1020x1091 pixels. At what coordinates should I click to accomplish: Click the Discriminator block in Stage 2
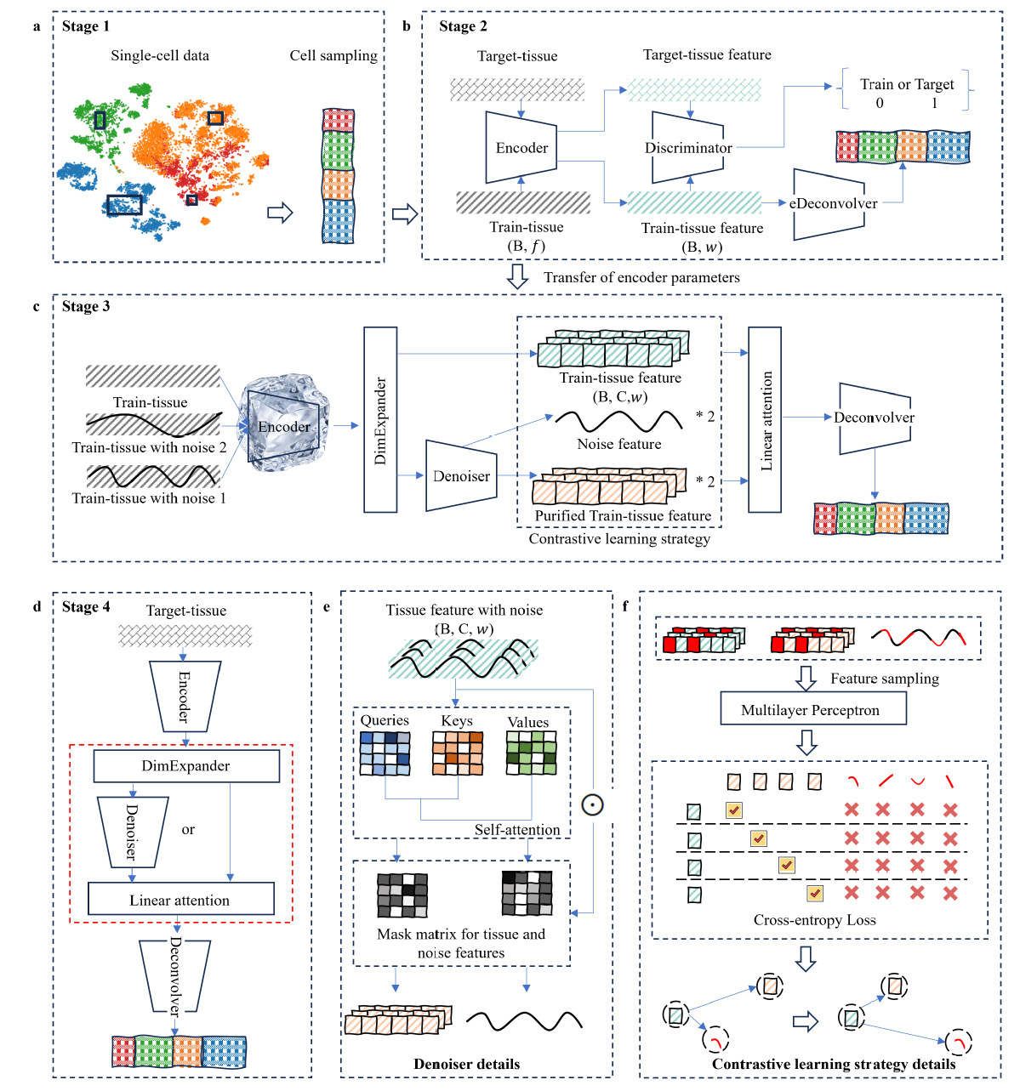tap(687, 148)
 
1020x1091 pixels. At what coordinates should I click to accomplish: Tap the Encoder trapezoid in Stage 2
tap(521, 148)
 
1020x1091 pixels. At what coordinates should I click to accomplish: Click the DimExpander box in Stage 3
tap(380, 420)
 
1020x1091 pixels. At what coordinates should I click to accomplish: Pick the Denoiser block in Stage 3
tap(460, 476)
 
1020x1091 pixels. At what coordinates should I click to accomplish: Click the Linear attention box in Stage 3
tap(765, 420)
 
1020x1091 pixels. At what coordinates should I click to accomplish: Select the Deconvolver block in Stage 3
tap(875, 418)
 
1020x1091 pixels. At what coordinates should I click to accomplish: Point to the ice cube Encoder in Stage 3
tap(283, 423)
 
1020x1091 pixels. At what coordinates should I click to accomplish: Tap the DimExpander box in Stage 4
tap(185, 765)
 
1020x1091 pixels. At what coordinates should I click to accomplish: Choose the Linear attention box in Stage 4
tap(180, 900)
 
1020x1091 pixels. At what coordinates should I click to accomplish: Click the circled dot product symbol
tap(592, 804)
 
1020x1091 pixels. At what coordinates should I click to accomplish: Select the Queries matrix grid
tap(385, 753)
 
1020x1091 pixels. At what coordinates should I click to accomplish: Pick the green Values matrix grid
tap(531, 753)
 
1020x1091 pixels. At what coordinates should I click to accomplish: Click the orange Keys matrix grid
tap(458, 753)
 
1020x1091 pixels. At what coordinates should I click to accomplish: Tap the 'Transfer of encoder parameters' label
tap(641, 277)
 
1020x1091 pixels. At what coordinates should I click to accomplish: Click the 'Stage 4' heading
tap(86, 606)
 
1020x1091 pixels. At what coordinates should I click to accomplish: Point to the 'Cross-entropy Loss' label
tap(814, 920)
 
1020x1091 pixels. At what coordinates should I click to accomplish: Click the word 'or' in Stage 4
tap(188, 829)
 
